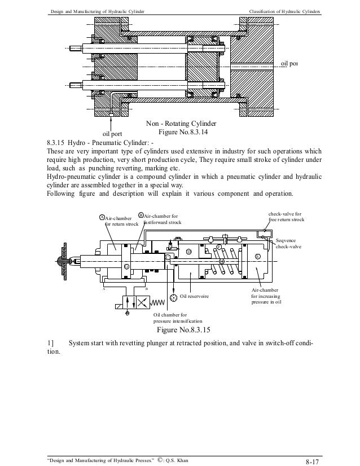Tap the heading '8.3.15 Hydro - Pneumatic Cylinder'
point(100,143)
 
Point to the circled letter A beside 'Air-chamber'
point(102,217)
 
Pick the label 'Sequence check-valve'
point(288,244)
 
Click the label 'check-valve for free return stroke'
point(286,217)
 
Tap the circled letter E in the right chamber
point(257,257)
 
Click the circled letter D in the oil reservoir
point(189,252)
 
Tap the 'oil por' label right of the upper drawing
point(289,64)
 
